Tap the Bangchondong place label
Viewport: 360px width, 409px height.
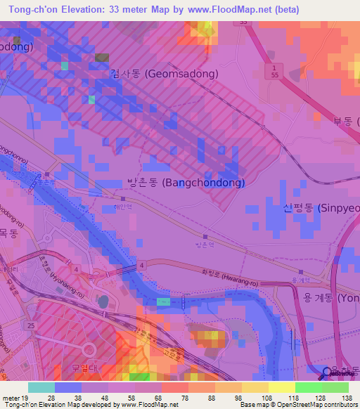click(186, 183)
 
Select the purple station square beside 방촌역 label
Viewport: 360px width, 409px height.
click(205, 236)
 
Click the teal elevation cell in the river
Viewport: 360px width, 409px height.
click(163, 301)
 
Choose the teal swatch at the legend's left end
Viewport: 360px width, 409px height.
click(41, 387)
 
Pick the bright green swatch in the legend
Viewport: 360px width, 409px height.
click(308, 387)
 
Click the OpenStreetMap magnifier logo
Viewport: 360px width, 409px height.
click(328, 373)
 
